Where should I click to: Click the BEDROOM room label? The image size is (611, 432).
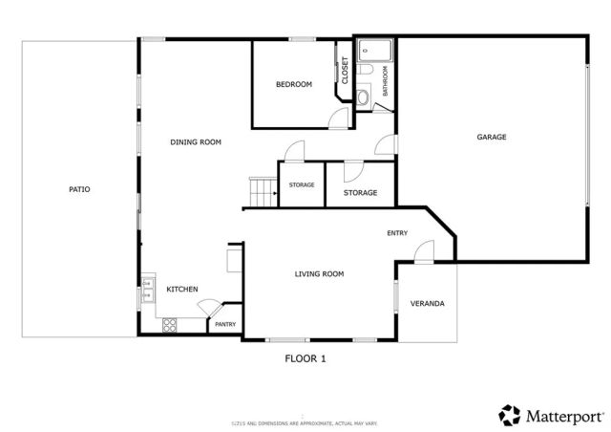(x=294, y=85)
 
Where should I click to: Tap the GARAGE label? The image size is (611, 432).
(x=492, y=137)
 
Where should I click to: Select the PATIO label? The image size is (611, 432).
(x=79, y=189)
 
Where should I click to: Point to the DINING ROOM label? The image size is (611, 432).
(x=196, y=142)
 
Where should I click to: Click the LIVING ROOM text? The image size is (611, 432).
(x=319, y=274)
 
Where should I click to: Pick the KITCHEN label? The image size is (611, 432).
(x=182, y=289)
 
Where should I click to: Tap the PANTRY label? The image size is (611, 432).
(x=225, y=325)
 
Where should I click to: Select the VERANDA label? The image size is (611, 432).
(x=427, y=304)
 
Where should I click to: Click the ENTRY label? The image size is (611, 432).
(x=397, y=233)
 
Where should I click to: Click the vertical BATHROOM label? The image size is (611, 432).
(x=386, y=80)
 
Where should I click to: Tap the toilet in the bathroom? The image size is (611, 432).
(x=366, y=96)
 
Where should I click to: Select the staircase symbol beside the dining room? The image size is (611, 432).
(x=261, y=191)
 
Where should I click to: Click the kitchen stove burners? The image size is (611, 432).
(x=170, y=324)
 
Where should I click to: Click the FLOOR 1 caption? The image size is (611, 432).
(x=305, y=358)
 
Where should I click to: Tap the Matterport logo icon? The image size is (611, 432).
(x=509, y=415)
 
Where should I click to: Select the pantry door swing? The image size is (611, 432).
(x=207, y=308)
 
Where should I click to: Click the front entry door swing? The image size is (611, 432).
(x=424, y=250)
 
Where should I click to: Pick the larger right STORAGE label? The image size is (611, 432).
(x=360, y=192)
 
